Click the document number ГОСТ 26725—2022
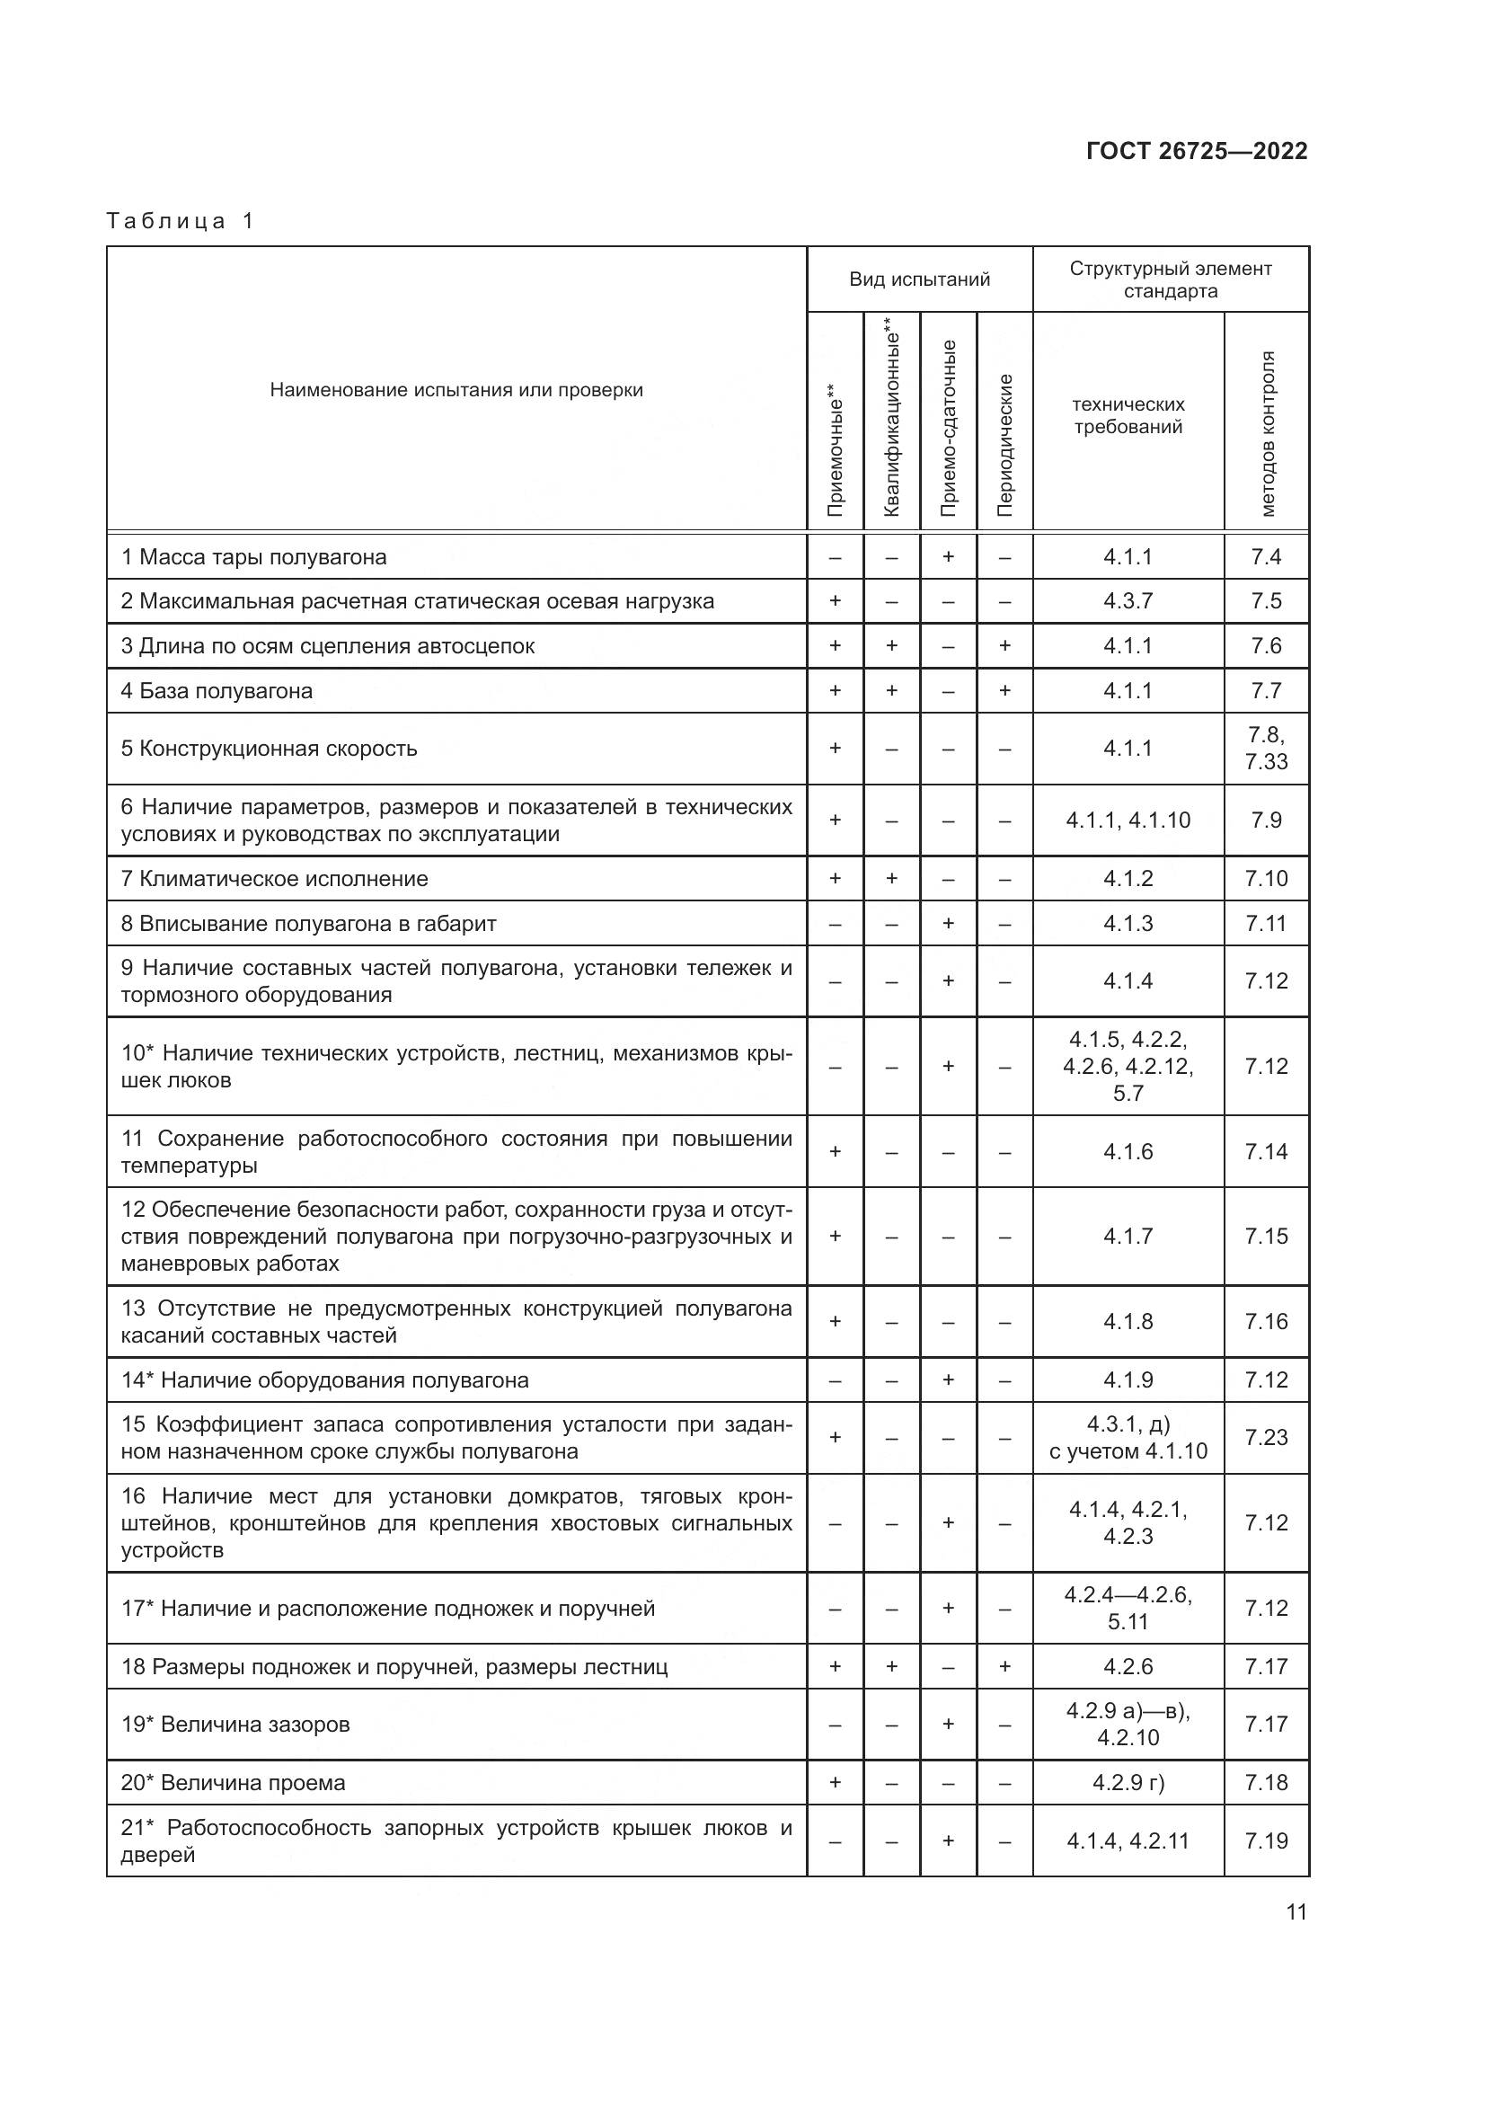coord(1196,151)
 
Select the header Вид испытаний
coord(919,279)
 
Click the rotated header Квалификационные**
coord(892,417)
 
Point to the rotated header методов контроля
coord(1267,433)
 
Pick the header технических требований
coord(1128,416)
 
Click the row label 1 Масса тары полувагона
coord(253,556)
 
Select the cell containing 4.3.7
coord(1128,601)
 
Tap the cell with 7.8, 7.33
coord(1266,748)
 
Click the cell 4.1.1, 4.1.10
coord(1128,820)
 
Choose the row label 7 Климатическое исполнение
coord(275,879)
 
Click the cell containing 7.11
coord(1266,923)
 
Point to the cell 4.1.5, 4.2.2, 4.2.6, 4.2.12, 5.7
coord(1128,1066)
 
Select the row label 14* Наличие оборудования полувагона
coord(325,1379)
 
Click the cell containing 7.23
coord(1266,1437)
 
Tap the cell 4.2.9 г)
coord(1128,1782)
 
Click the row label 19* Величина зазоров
coord(235,1724)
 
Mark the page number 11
coord(1296,1911)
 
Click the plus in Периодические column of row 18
coord(1004,1666)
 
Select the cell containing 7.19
coord(1266,1841)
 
